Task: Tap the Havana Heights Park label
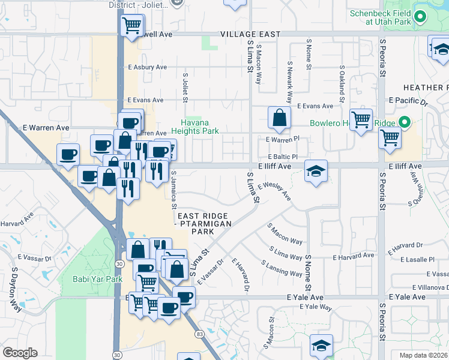(x=194, y=126)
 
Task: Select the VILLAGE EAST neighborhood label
(x=249, y=34)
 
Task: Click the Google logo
(x=20, y=352)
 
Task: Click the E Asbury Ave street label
(x=146, y=67)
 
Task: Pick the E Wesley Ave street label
(x=274, y=192)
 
